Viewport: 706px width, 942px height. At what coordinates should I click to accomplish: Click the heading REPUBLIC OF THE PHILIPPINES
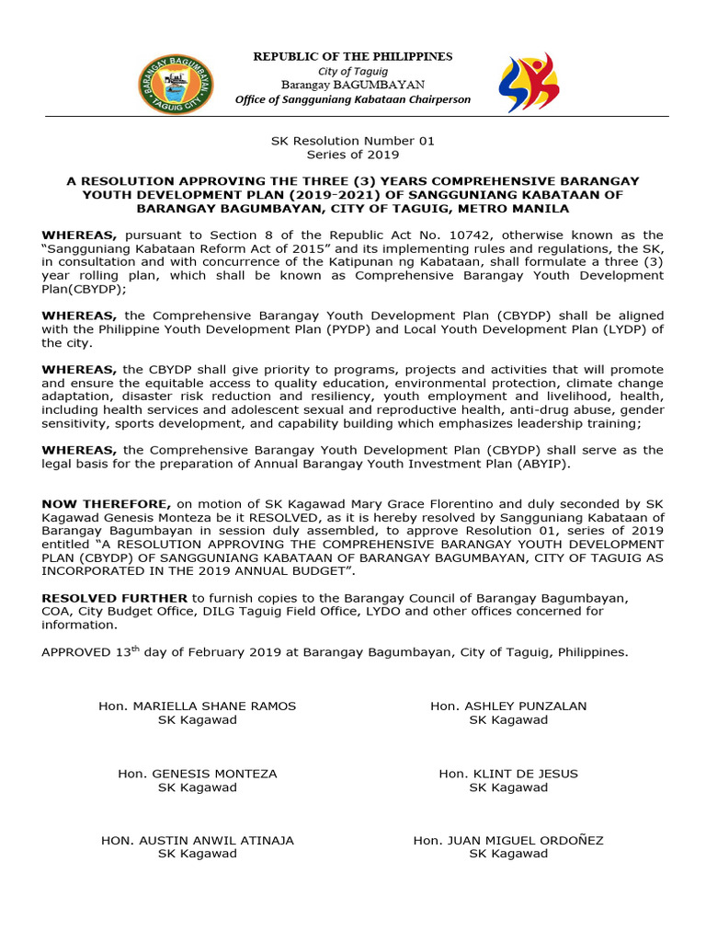click(x=353, y=57)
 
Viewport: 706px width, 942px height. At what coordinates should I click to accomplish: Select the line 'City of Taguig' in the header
click(x=353, y=72)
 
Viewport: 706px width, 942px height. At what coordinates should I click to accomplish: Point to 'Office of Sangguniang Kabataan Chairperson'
click(x=353, y=99)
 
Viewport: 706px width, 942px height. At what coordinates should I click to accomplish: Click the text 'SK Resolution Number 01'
click(x=352, y=141)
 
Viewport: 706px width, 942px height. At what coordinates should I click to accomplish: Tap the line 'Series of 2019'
click(x=352, y=155)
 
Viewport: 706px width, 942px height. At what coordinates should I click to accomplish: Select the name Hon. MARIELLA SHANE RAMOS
click(x=198, y=706)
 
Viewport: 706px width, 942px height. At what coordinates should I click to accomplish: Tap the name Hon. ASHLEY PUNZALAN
click(x=508, y=706)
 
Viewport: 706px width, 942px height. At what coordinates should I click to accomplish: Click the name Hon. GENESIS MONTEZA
click(x=198, y=774)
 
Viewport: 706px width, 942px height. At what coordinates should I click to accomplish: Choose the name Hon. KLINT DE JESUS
click(x=508, y=774)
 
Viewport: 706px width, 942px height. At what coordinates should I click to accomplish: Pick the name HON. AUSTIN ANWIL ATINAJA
click(x=198, y=841)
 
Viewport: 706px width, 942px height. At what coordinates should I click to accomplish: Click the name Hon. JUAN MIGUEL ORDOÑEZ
click(x=508, y=841)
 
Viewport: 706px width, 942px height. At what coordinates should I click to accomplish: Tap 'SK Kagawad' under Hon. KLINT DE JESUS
click(x=508, y=787)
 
